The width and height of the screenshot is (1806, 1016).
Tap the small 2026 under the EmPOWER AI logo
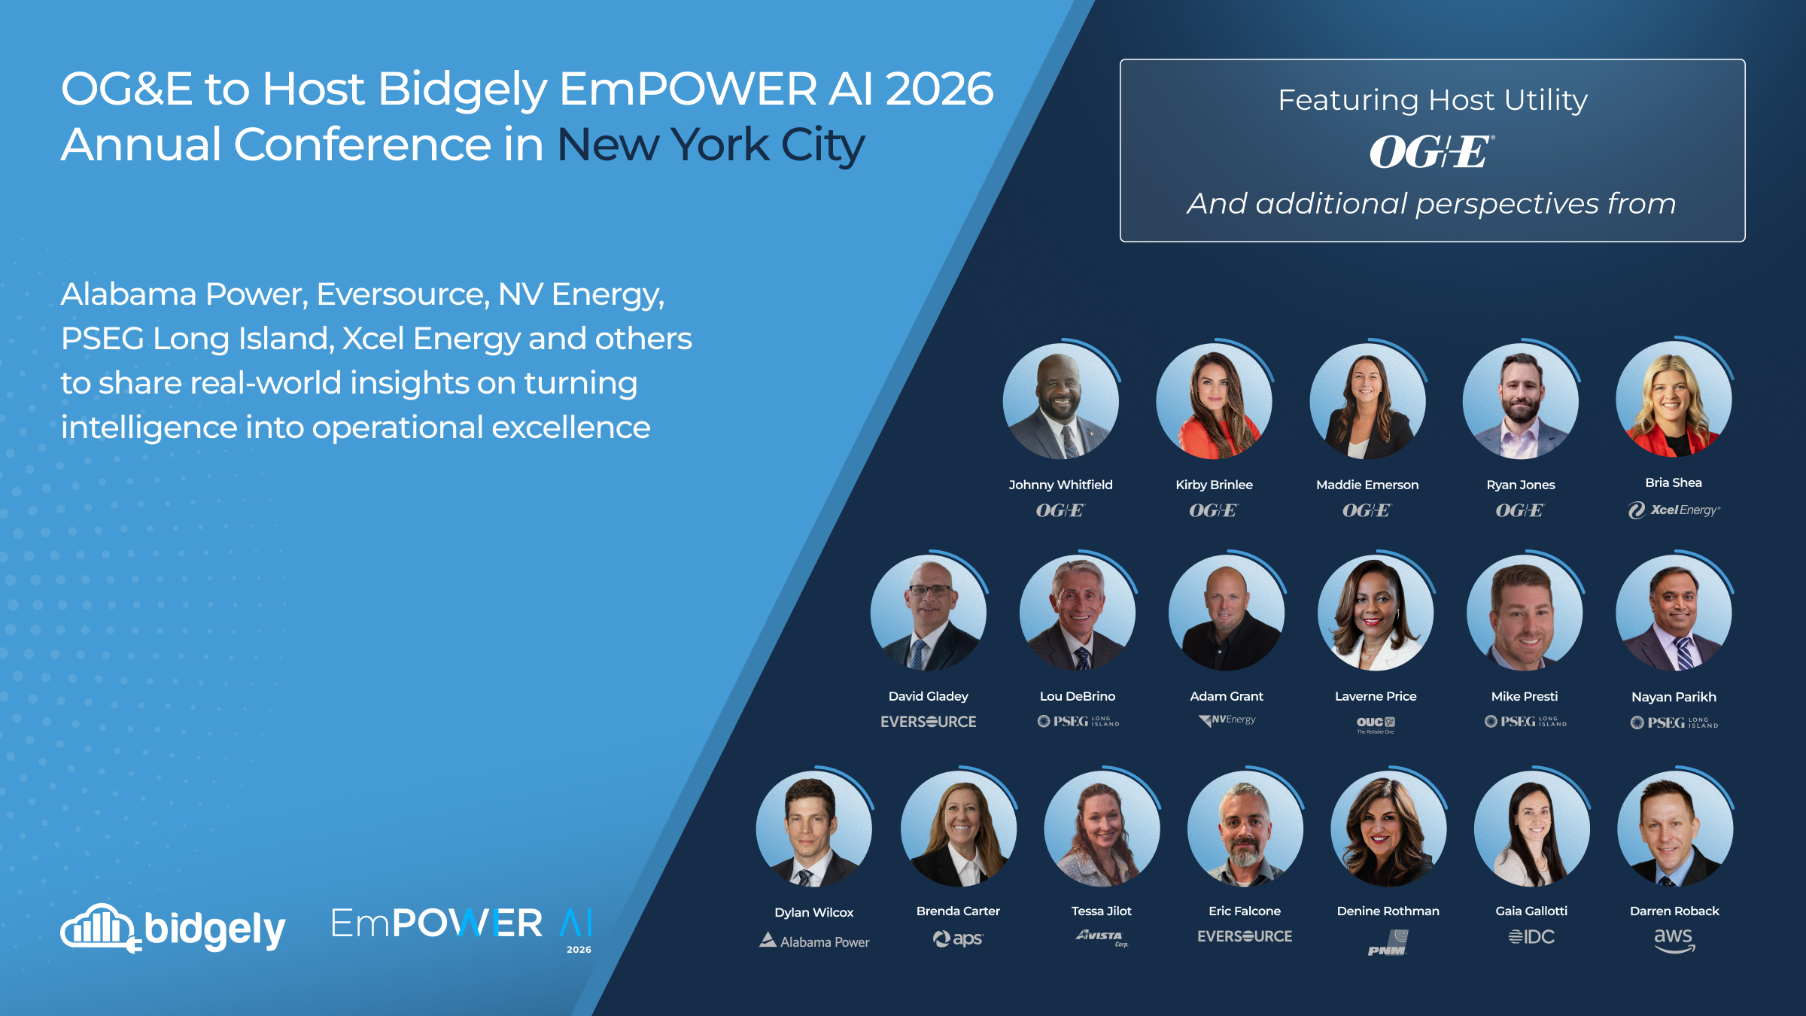click(579, 950)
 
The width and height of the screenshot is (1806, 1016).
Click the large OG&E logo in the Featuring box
click(1431, 152)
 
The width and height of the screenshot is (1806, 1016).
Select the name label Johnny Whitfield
click(1060, 485)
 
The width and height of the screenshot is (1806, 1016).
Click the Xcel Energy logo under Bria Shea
click(1674, 510)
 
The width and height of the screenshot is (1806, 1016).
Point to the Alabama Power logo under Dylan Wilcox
click(814, 941)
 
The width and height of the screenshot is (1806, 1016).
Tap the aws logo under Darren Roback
click(1674, 940)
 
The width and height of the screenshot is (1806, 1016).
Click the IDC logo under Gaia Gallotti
click(1531, 937)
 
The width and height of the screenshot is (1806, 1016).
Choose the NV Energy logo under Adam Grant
click(1227, 720)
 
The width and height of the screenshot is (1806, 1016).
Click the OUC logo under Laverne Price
click(1376, 724)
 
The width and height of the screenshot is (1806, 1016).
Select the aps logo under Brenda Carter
click(958, 938)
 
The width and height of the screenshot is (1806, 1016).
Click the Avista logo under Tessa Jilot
click(1102, 937)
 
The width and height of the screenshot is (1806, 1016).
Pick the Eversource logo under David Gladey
click(928, 722)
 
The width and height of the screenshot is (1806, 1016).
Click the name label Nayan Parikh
click(1674, 697)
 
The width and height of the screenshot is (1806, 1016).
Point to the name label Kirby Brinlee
click(1214, 485)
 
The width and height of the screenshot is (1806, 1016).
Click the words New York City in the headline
click(710, 144)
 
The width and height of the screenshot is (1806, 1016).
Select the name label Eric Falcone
click(1245, 911)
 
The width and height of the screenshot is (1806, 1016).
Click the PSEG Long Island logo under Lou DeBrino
click(1078, 722)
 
